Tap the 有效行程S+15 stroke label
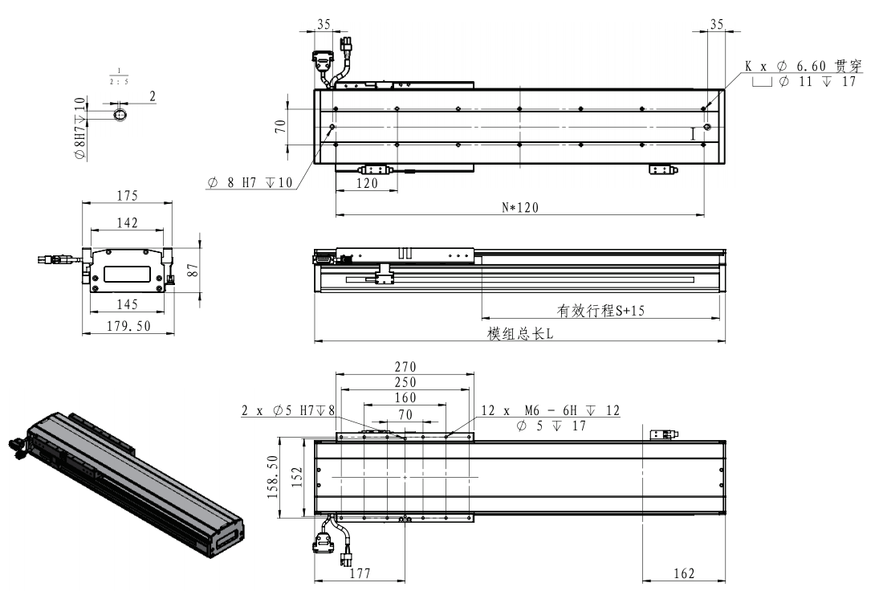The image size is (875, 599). point(600,311)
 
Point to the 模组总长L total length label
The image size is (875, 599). point(520,334)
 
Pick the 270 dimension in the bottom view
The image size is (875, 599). point(405,366)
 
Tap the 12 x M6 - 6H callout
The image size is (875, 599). point(550,411)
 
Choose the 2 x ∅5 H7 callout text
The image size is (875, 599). point(288,411)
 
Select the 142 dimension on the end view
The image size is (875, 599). point(127,222)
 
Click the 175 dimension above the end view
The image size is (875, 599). point(127,195)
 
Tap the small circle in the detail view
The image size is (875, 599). point(120,116)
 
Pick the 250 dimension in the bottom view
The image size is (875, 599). point(405,381)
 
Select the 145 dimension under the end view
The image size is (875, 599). point(127,304)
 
